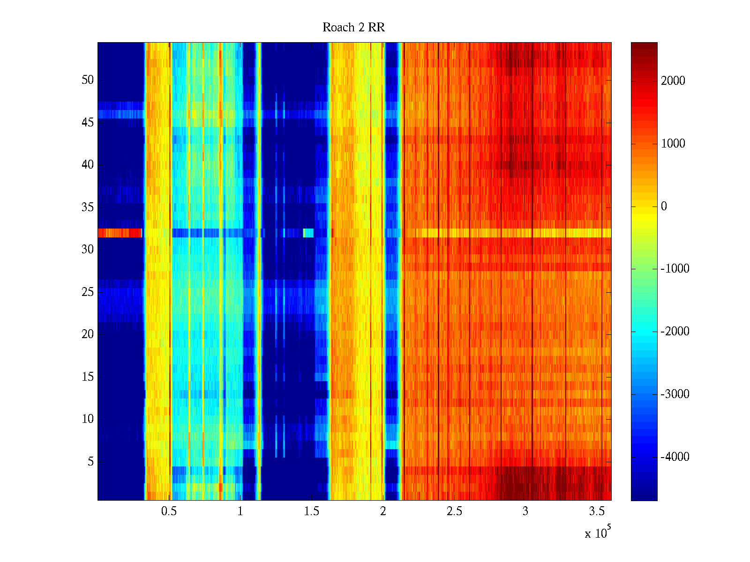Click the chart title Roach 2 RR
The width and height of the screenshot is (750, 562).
353,28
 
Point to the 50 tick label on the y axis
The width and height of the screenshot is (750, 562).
88,80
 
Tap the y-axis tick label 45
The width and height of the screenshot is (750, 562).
88,123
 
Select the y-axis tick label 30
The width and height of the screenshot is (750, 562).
88,250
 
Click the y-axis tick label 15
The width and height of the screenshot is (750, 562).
88,377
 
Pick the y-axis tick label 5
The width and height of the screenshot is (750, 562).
90,462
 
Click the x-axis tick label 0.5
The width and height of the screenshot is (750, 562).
169,511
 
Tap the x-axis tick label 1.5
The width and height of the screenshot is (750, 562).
311,511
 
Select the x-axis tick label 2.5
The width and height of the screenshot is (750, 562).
454,511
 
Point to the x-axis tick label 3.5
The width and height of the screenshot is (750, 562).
596,511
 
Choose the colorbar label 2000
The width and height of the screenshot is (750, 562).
673,81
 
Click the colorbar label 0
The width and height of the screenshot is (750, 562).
664,207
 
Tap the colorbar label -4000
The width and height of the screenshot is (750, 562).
675,457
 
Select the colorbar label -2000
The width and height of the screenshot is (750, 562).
675,332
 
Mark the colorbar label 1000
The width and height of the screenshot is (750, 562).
673,144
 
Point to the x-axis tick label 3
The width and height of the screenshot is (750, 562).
525,511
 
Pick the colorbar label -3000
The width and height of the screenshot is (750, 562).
675,394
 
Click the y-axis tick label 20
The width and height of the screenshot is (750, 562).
88,334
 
